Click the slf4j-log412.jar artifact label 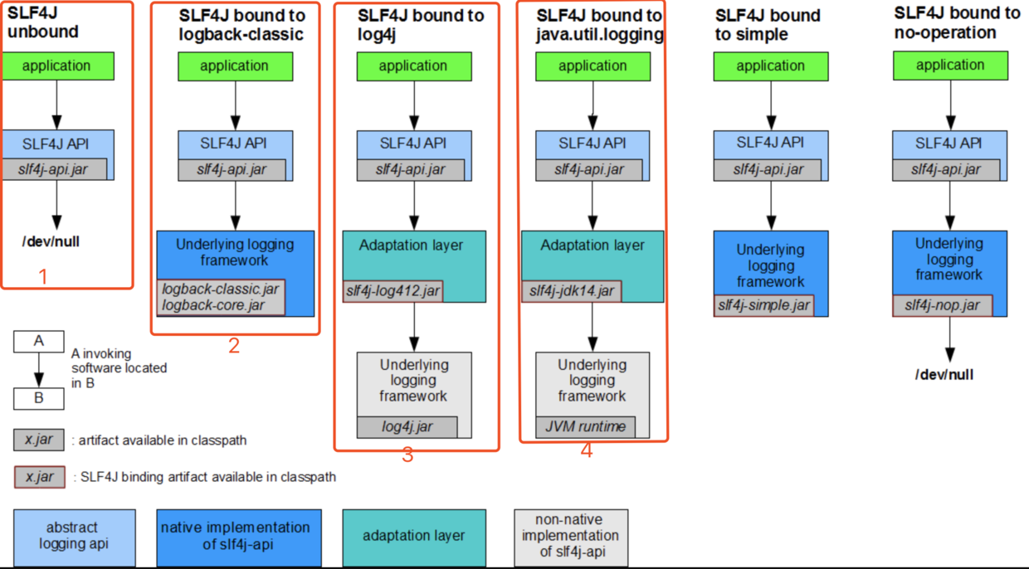point(393,291)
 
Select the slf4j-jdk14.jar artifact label point(572,291)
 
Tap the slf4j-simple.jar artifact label point(763,305)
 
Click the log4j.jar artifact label point(407,427)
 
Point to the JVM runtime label point(586,427)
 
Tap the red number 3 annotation point(407,455)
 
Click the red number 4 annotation point(587,451)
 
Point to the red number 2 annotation point(233,346)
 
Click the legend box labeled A point(38,341)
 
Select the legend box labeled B point(38,399)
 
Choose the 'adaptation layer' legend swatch point(413,537)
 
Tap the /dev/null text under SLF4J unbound point(51,242)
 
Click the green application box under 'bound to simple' point(771,66)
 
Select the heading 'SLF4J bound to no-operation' point(957,23)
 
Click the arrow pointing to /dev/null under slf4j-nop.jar point(950,340)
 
